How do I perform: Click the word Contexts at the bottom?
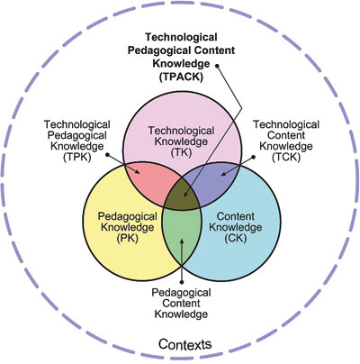coord(184,344)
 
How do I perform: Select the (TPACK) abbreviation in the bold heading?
coord(181,77)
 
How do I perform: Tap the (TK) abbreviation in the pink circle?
coord(181,151)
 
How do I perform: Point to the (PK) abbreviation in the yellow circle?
coord(127,238)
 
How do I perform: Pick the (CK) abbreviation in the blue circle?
coord(236,238)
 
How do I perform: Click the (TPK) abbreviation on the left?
coord(77,157)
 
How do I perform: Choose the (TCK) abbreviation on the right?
coord(286,157)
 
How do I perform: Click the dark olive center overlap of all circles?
coord(182,194)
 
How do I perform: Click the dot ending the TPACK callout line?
coord(217,65)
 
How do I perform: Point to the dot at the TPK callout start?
coord(108,155)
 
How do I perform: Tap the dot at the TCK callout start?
coord(254,157)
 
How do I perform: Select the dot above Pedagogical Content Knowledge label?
coord(182,282)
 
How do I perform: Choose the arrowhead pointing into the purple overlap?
coord(225,173)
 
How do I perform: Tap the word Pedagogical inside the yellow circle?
coord(128,217)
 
